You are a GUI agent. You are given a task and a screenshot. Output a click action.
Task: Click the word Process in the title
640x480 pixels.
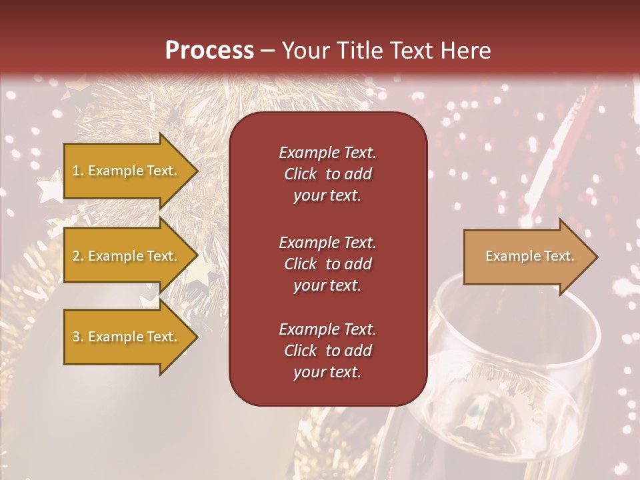point(209,51)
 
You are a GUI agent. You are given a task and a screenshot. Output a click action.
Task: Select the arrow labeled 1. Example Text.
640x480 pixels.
point(127,171)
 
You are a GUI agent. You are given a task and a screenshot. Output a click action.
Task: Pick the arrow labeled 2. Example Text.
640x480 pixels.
point(127,256)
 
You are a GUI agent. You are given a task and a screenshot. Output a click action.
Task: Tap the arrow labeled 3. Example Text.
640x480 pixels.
point(127,337)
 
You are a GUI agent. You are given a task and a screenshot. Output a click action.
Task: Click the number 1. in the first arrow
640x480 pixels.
point(78,171)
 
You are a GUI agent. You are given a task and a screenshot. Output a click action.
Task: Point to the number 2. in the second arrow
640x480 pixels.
point(78,256)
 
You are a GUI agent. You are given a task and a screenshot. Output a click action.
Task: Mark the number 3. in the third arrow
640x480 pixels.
point(78,337)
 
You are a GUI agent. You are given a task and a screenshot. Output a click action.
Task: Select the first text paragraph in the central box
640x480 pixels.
point(327,174)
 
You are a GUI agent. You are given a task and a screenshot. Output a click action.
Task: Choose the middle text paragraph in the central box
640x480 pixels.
point(327,264)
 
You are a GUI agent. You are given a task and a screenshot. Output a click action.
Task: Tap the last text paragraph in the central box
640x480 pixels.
point(327,351)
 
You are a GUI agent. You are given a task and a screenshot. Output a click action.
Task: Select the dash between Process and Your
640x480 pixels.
point(267,51)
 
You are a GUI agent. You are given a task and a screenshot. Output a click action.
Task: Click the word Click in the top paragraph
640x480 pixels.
point(301,174)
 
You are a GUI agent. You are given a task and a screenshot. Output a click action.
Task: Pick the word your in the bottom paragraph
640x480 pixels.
point(307,372)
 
